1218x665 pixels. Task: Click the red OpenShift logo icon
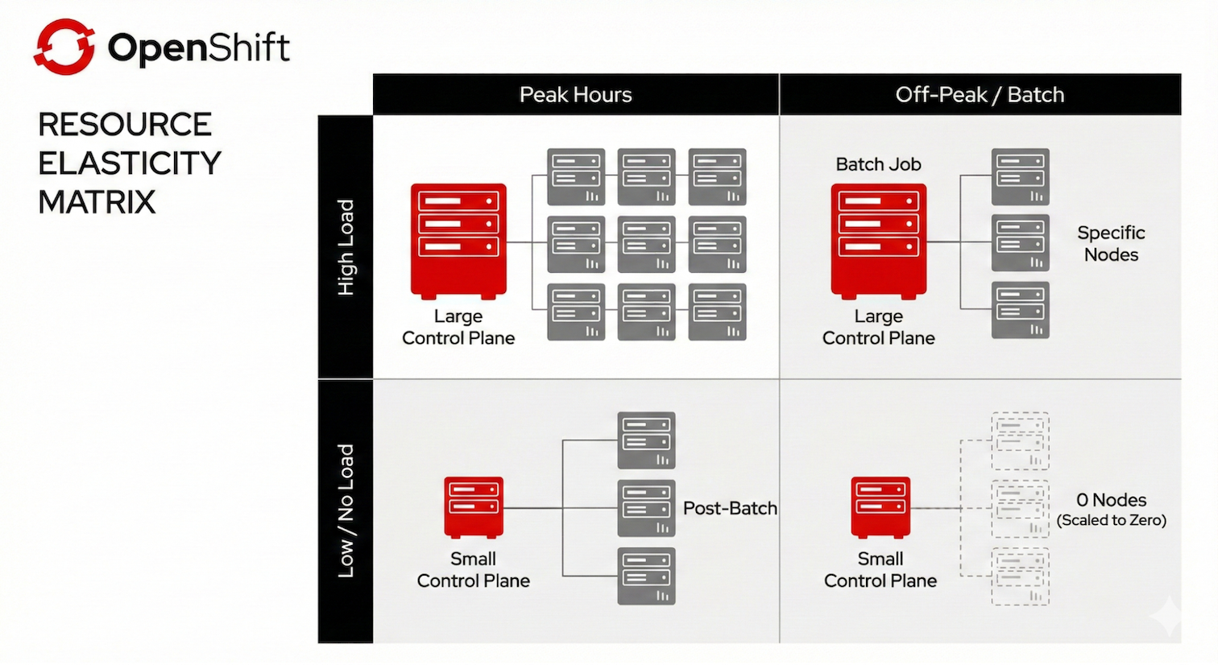click(64, 47)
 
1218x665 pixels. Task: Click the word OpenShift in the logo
click(198, 47)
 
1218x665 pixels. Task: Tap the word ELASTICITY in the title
click(130, 163)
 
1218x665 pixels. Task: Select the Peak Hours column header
click(575, 95)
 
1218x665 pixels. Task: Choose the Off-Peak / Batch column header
click(980, 95)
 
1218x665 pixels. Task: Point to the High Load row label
click(346, 247)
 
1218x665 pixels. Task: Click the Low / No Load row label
click(346, 510)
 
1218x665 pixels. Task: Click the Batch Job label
click(878, 164)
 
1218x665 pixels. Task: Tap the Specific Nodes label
click(1111, 243)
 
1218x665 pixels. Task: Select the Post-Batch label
click(730, 508)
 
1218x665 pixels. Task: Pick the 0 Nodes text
click(1111, 500)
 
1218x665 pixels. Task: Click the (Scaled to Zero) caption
click(1111, 520)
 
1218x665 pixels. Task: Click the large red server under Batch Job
click(878, 241)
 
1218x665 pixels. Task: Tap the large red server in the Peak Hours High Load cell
click(458, 241)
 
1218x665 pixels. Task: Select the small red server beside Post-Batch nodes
click(474, 506)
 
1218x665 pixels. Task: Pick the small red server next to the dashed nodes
click(880, 506)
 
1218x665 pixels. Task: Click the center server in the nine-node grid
click(646, 244)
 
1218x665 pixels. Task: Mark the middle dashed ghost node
click(1020, 508)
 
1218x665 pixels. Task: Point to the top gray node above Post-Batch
click(646, 440)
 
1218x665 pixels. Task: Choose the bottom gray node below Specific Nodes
click(1020, 311)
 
